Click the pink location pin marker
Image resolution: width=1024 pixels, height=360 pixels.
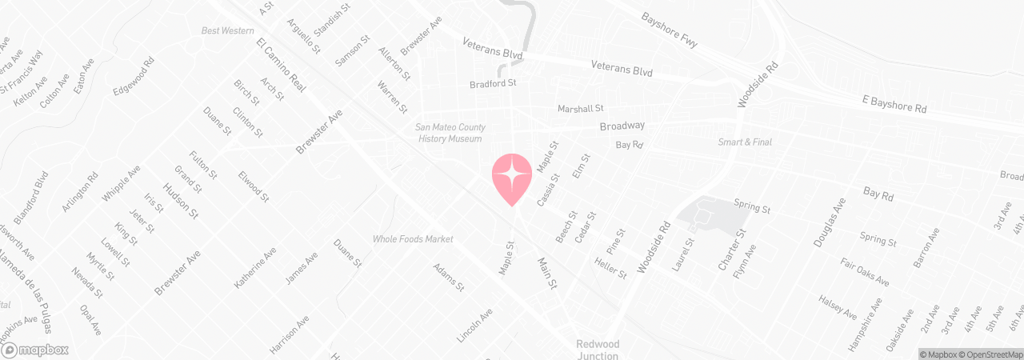[x=511, y=177]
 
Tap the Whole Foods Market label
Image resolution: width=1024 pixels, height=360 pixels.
[x=413, y=239]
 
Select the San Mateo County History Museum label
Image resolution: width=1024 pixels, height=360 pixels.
[x=449, y=133]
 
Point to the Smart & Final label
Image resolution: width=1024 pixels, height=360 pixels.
[x=745, y=142]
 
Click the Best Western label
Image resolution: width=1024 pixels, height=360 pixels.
[x=222, y=31]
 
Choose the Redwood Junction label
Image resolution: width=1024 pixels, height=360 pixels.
[x=598, y=350]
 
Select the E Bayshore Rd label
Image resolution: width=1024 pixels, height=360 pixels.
[x=894, y=105]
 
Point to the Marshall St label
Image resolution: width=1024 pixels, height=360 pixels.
[x=580, y=108]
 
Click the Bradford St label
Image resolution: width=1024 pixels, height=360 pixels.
[x=493, y=82]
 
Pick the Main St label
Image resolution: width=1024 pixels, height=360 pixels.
[x=546, y=273]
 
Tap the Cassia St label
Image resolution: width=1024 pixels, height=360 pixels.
[x=548, y=190]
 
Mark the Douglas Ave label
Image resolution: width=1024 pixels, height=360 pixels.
[x=829, y=222]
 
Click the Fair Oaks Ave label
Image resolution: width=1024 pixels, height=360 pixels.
[x=865, y=272]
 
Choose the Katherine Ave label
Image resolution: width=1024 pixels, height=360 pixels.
[x=255, y=267]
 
